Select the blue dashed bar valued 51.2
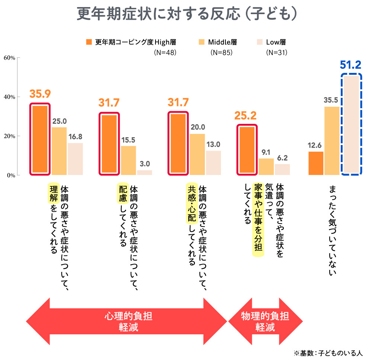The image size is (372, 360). tap(351, 125)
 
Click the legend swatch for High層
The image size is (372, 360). tap(89, 42)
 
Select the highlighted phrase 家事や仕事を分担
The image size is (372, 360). tap(257, 220)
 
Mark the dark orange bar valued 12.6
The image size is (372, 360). tap(316, 163)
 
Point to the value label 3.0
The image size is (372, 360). tap(145, 164)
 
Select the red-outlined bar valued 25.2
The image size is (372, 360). tap(247, 150)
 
